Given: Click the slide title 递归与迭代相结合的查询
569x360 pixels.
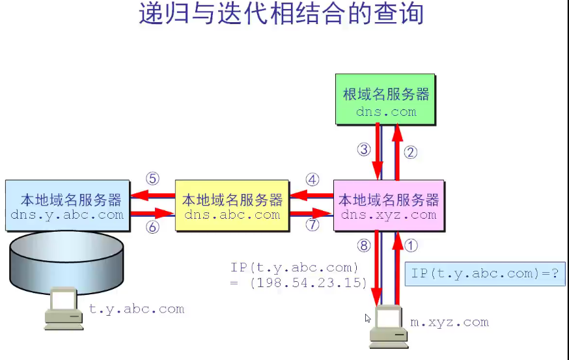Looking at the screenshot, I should coord(281,14).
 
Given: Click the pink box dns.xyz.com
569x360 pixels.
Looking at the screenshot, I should coord(389,206).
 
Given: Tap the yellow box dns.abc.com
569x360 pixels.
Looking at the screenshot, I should coord(232,206).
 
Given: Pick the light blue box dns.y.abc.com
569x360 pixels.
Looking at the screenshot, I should coord(67,205).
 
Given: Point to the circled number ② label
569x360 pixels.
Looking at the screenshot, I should coord(410,153).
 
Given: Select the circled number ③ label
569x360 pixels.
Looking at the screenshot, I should coord(364,149).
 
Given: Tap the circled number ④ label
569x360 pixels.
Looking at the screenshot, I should coord(312,179).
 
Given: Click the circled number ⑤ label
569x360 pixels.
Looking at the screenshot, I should coord(152,178).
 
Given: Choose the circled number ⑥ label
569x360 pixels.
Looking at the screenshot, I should coord(152,227).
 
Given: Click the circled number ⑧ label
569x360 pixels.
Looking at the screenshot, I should coord(363,245).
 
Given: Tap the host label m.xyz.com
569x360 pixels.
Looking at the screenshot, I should coord(449,322).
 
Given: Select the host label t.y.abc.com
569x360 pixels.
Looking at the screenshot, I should coord(137,309).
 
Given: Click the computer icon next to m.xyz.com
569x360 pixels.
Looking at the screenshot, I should coord(389,325).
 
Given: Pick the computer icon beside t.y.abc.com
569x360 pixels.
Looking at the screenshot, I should coord(64,309).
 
